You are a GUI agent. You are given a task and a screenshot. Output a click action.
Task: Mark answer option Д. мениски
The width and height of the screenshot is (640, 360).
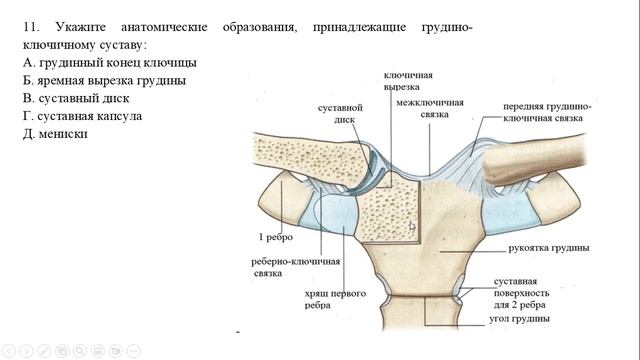coord(61,134)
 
